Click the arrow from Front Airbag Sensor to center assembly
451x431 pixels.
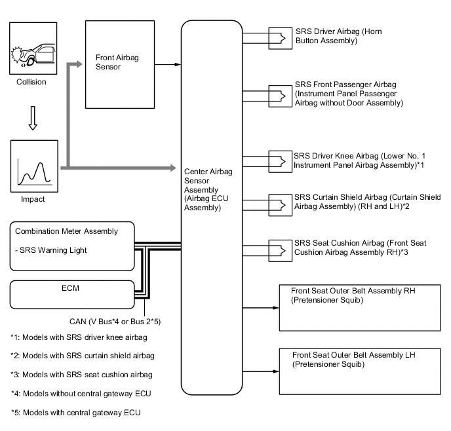coord(167,64)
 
